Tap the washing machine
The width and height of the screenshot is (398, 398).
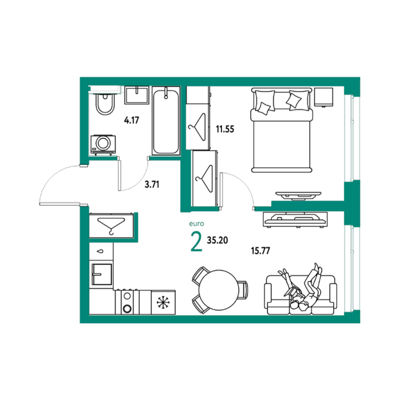pyautogui.click(x=103, y=145)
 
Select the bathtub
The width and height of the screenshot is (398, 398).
pyautogui.click(x=166, y=121)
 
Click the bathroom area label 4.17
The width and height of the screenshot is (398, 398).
pyautogui.click(x=132, y=120)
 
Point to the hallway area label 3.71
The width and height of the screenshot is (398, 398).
pyautogui.click(x=152, y=184)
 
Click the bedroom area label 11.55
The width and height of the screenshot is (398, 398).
pyautogui.click(x=225, y=129)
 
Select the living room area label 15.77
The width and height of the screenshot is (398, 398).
pyautogui.click(x=261, y=251)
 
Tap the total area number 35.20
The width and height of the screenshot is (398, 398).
pyautogui.click(x=217, y=240)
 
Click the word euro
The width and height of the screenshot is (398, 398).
pyautogui.click(x=196, y=224)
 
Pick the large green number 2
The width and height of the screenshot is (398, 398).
pyautogui.click(x=196, y=242)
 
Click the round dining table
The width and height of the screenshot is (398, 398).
pyautogui.click(x=219, y=290)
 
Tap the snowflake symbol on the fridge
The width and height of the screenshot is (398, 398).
pyautogui.click(x=163, y=303)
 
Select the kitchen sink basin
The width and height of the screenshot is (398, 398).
pyautogui.click(x=102, y=274)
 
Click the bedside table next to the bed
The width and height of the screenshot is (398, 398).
pyautogui.click(x=323, y=97)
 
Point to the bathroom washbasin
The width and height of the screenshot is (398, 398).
pyautogui.click(x=137, y=95)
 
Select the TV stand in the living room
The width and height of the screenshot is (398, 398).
pyautogui.click(x=295, y=219)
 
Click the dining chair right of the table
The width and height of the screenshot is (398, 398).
pyautogui.click(x=243, y=290)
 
